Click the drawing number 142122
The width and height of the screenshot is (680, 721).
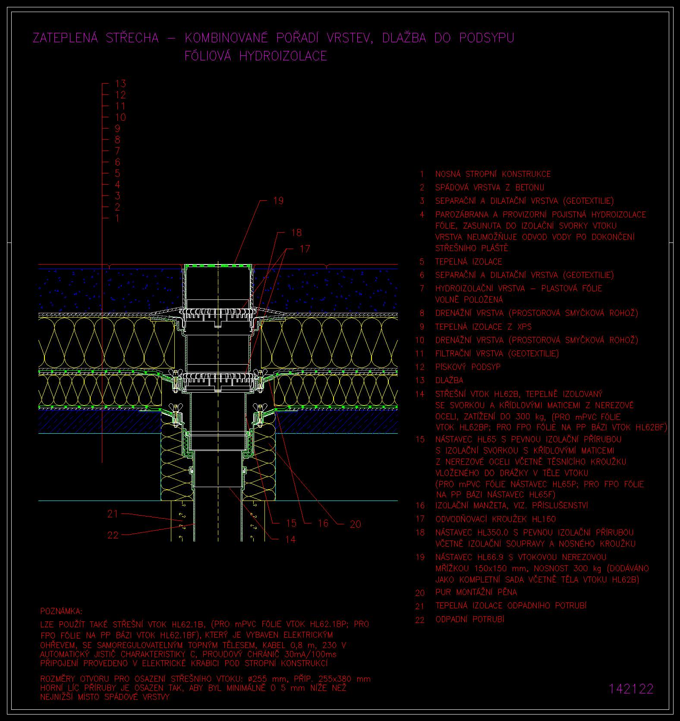point(631,689)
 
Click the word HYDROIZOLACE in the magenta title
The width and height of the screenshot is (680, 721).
point(283,56)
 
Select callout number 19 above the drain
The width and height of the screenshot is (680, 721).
point(278,201)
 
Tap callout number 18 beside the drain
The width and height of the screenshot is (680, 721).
point(296,233)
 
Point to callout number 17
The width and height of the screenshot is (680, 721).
point(305,249)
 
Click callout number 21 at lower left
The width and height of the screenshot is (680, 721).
point(113,514)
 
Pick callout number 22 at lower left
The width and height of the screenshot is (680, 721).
point(113,535)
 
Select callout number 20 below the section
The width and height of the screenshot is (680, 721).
point(355,524)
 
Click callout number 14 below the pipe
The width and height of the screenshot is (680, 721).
point(290,539)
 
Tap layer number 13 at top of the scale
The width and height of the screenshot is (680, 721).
point(120,84)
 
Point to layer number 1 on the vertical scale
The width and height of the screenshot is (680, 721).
point(117,218)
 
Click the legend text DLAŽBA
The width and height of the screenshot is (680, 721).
point(449,381)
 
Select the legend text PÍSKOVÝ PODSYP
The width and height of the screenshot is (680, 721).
point(468,367)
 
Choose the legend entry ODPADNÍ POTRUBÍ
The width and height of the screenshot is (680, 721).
point(470,620)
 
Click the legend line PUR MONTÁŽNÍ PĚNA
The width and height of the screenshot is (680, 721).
point(476,592)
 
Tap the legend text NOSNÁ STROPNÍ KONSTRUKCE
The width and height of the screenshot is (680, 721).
point(493,174)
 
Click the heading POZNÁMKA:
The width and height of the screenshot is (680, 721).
point(61,611)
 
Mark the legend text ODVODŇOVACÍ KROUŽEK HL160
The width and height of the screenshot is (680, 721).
point(496,519)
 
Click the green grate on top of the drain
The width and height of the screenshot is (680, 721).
point(218,265)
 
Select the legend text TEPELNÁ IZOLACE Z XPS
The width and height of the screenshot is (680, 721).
point(483,327)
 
